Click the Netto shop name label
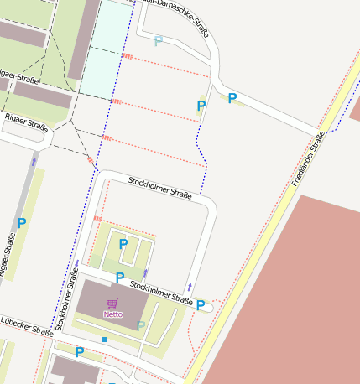pyautogui.click(x=112, y=314)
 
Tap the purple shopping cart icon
pyautogui.click(x=112, y=303)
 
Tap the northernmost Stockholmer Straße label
pyautogui.click(x=159, y=188)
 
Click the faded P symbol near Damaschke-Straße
pyautogui.click(x=159, y=40)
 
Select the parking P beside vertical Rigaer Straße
pyautogui.click(x=22, y=224)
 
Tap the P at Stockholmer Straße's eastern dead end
pyautogui.click(x=201, y=305)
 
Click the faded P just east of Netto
pyautogui.click(x=141, y=325)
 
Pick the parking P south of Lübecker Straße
pyautogui.click(x=80, y=352)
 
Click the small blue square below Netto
pyautogui.click(x=104, y=339)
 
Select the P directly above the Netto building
pyautogui.click(x=120, y=277)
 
